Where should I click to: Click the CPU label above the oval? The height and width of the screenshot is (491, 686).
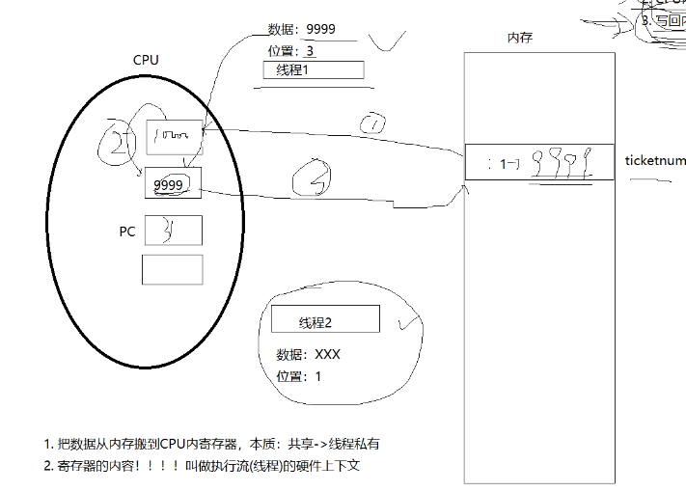[146, 60]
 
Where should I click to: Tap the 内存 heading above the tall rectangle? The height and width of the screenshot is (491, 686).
[520, 38]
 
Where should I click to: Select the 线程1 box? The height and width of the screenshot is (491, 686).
[313, 70]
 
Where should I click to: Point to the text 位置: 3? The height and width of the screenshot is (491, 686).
[291, 50]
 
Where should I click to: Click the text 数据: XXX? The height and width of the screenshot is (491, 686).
[308, 354]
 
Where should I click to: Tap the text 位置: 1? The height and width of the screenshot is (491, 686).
[297, 375]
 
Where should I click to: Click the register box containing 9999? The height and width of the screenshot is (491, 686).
[174, 182]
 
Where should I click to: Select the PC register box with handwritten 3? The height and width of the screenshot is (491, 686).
[173, 231]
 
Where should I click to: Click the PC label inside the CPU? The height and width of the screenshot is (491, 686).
[126, 232]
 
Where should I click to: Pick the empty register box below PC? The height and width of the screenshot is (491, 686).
[173, 269]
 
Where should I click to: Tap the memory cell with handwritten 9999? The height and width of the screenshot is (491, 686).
[539, 162]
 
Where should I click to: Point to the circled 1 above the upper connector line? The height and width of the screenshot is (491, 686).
[372, 123]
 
